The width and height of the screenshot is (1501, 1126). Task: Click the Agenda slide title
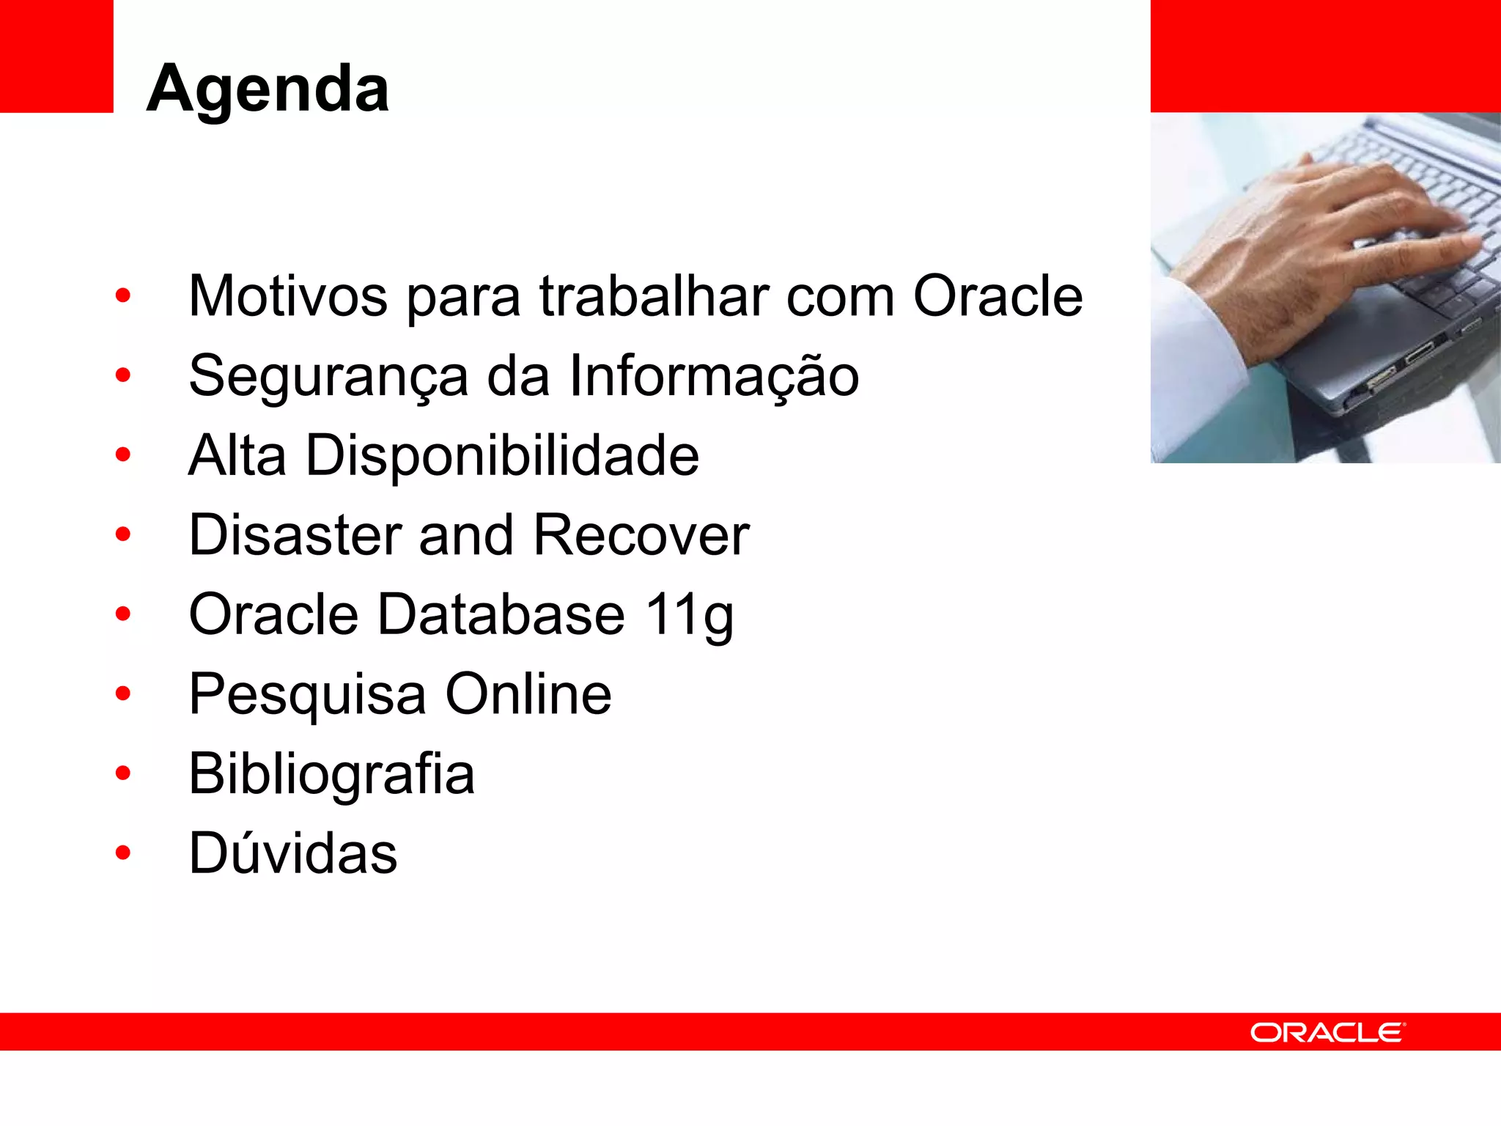point(268,89)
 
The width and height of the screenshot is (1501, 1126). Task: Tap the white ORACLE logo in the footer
point(1327,1032)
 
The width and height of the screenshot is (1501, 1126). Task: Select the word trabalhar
point(654,296)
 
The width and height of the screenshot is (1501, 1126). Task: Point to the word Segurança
point(328,376)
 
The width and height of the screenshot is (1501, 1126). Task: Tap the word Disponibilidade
point(502,455)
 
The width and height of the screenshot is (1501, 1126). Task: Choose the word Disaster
point(295,535)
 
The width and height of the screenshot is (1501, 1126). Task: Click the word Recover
point(641,535)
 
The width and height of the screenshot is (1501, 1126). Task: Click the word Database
point(501,614)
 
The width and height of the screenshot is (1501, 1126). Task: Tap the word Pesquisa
point(307,695)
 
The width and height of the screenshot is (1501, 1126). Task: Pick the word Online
point(528,693)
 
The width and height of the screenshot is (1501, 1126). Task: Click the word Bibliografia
point(331,774)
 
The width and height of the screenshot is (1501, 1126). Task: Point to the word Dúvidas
point(292,853)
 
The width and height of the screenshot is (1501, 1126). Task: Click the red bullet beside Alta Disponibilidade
point(123,455)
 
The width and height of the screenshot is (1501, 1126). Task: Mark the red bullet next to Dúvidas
point(123,853)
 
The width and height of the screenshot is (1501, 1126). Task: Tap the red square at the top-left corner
point(56,56)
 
